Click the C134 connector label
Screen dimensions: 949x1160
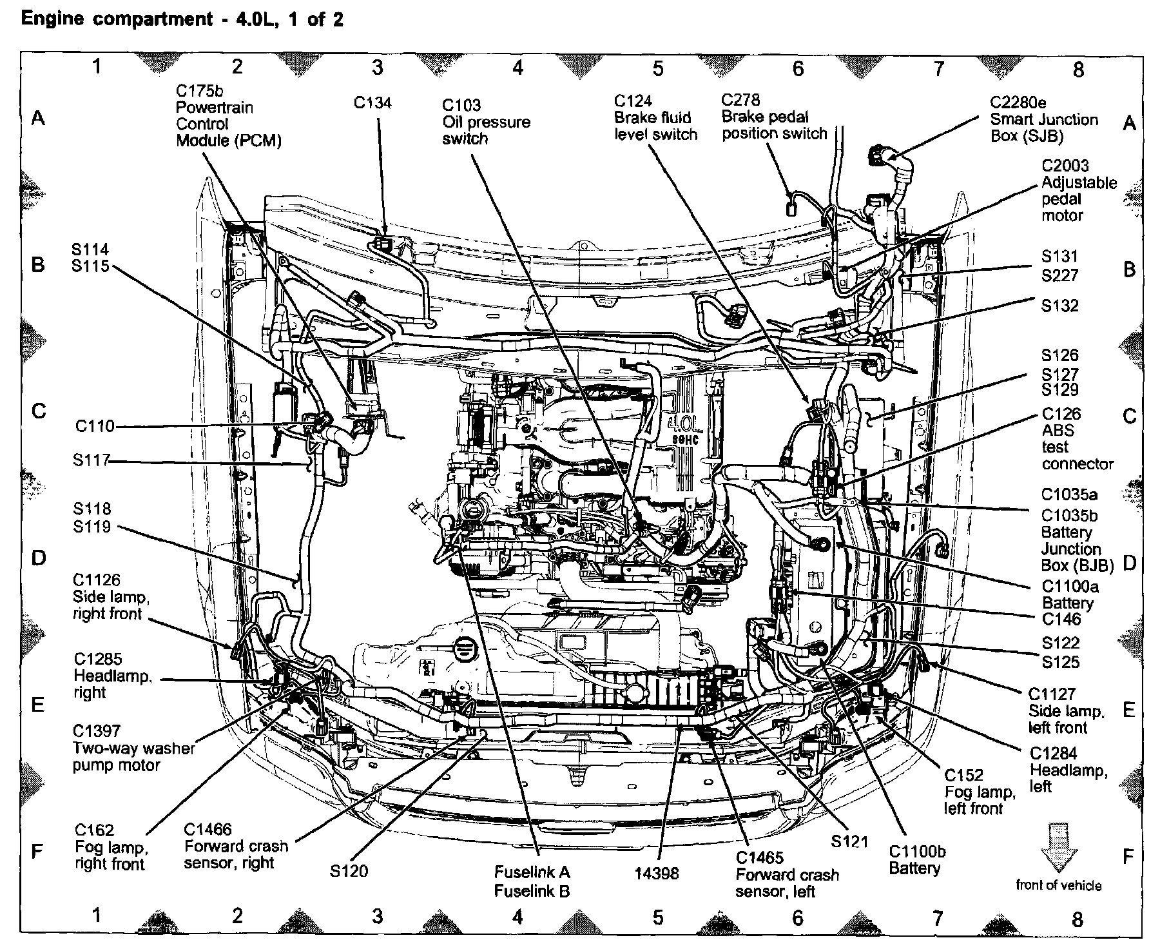[372, 103]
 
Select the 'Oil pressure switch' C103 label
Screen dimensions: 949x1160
[486, 122]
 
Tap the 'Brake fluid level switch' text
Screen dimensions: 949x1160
[655, 126]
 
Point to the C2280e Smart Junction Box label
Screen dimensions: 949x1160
[1043, 119]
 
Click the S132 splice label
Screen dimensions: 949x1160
[1059, 306]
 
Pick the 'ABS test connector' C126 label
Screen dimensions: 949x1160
[1077, 438]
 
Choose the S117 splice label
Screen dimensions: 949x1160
[91, 460]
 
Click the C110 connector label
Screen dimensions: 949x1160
[95, 426]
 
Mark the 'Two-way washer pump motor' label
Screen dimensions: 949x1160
[133, 748]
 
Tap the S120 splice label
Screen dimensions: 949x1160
[349, 871]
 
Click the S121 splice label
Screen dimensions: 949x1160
[849, 841]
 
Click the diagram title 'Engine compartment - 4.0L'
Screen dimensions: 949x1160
[182, 19]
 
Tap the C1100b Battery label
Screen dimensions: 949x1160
[916, 859]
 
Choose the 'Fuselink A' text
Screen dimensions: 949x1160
[532, 872]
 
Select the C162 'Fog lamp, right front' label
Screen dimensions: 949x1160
[110, 847]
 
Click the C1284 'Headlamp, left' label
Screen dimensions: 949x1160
[1068, 770]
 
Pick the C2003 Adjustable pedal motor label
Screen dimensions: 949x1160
[1078, 191]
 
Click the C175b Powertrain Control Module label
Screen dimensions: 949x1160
[228, 116]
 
